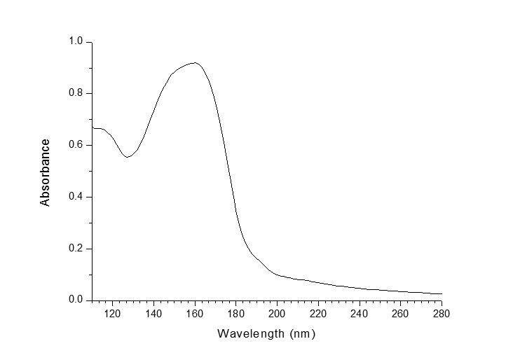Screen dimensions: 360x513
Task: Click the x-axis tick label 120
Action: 112,313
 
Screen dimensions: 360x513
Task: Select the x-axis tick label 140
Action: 153,313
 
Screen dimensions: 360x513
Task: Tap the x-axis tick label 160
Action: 195,313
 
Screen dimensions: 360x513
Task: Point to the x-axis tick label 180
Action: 236,313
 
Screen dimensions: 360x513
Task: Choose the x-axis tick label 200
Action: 277,313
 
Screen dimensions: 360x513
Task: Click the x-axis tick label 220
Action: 318,313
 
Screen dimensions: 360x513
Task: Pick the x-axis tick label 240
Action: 360,313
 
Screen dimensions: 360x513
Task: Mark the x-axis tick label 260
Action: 400,313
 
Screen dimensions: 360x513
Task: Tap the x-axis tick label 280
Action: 442,313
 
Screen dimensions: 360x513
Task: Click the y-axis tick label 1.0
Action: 76,42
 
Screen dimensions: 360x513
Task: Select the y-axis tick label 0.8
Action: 76,94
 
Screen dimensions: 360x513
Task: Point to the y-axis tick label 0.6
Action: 76,145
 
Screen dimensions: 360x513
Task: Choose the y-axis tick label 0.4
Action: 76,197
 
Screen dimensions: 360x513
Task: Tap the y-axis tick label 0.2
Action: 76,249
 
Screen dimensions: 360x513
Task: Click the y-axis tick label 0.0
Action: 76,300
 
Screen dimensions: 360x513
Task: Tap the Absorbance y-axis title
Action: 46,172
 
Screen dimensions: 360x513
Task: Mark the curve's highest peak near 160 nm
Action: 196,63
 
